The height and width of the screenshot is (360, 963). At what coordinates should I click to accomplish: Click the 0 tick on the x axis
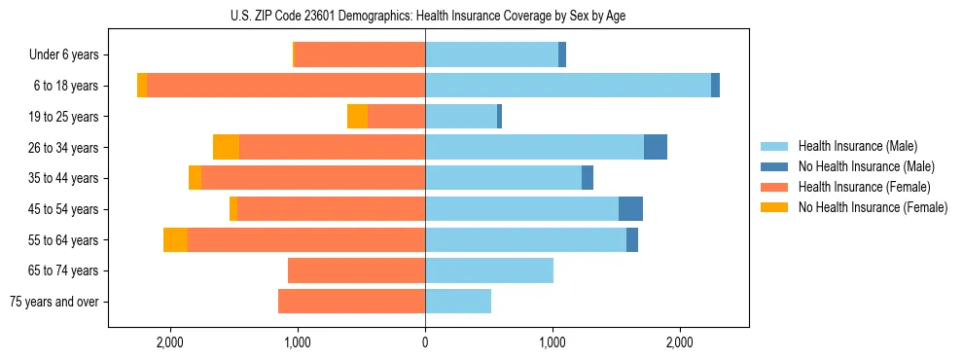pyautogui.click(x=425, y=342)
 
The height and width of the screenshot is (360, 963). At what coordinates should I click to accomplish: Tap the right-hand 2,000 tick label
pyautogui.click(x=680, y=342)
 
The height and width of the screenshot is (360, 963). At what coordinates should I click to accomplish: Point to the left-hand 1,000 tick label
pyautogui.click(x=298, y=342)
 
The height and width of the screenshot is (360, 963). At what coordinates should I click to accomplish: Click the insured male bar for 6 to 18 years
pyautogui.click(x=568, y=86)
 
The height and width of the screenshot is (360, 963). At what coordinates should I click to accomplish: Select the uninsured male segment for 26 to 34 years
pyautogui.click(x=656, y=147)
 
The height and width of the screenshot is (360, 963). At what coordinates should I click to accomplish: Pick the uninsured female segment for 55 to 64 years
pyautogui.click(x=175, y=239)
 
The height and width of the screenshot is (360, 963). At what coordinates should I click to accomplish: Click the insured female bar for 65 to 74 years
pyautogui.click(x=356, y=270)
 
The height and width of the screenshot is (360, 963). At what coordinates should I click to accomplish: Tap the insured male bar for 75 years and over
pyautogui.click(x=458, y=302)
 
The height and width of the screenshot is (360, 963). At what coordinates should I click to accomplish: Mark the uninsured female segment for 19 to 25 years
pyautogui.click(x=357, y=117)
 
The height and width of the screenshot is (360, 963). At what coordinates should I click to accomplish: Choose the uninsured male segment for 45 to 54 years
pyautogui.click(x=630, y=209)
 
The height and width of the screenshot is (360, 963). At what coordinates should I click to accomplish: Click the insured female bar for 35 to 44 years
pyautogui.click(x=313, y=178)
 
